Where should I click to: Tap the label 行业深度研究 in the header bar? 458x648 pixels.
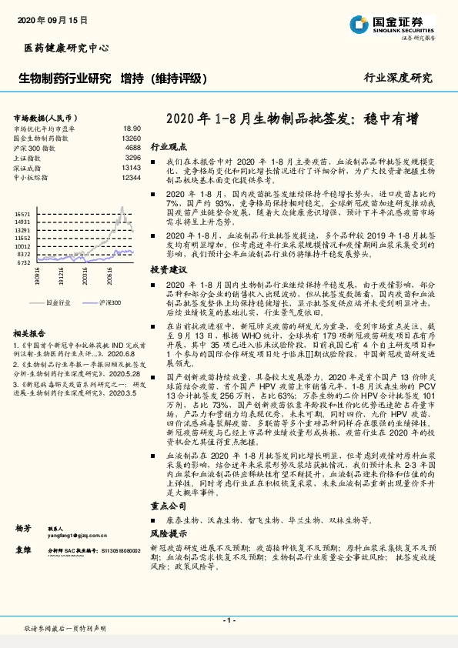coord(398,78)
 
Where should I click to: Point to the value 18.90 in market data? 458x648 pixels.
coord(131,129)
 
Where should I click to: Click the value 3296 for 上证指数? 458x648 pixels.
coord(132,157)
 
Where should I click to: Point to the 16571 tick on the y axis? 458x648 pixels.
coord(22,213)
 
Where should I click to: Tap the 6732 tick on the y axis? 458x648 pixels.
coord(24,262)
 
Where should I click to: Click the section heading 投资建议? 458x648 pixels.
coord(169,271)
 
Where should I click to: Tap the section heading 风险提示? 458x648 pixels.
coord(169,533)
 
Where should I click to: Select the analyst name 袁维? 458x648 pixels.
coord(24,551)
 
